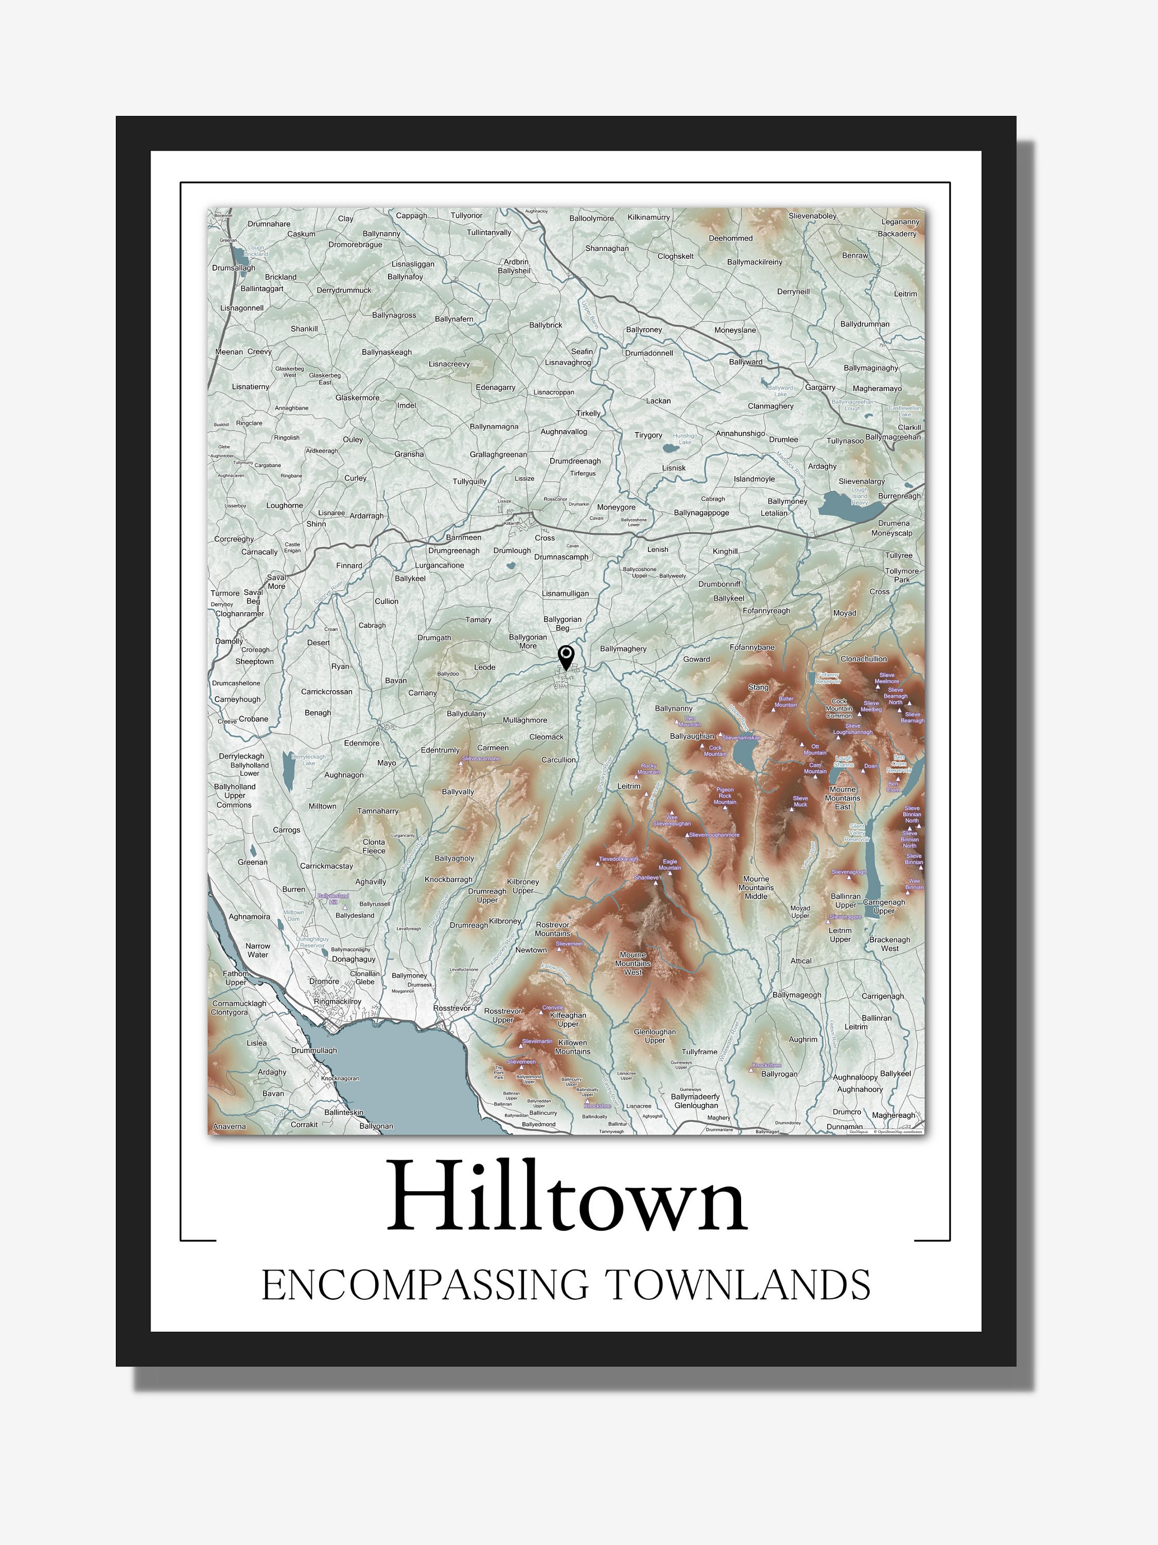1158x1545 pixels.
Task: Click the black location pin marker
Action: click(x=566, y=657)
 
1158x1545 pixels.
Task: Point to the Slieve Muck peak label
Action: click(x=800, y=801)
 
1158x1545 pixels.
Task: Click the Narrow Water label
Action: click(x=257, y=950)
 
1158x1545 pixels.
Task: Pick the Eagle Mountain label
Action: click(x=670, y=864)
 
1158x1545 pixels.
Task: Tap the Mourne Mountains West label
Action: click(x=633, y=963)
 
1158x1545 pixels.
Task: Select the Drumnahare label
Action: click(x=269, y=224)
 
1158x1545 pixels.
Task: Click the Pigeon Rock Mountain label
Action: click(x=725, y=796)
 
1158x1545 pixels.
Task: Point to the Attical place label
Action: click(x=801, y=960)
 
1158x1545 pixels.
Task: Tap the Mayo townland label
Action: click(x=387, y=763)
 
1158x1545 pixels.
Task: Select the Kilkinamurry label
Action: click(x=648, y=217)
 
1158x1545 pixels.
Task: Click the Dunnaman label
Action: click(x=845, y=1126)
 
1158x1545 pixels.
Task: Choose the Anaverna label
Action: click(x=229, y=1126)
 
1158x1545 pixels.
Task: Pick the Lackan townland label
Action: click(x=658, y=401)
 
